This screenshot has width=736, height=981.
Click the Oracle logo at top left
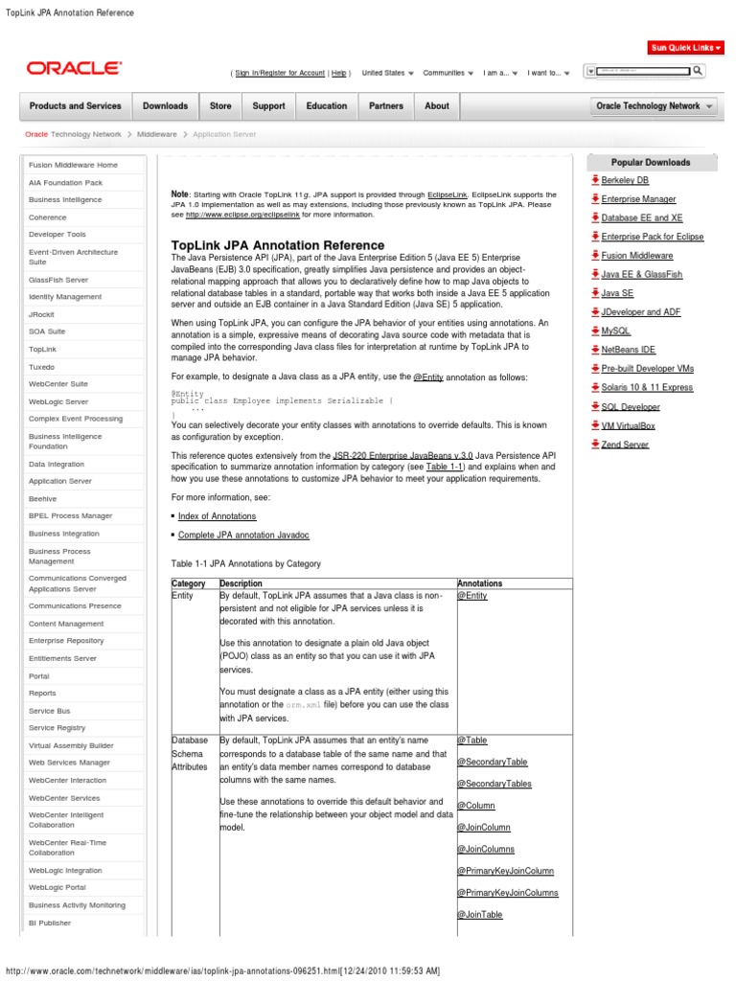[x=74, y=68]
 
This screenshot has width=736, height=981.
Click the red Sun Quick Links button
[x=684, y=47]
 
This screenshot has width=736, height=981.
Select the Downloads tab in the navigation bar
[x=166, y=106]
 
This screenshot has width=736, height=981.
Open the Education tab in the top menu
[x=327, y=106]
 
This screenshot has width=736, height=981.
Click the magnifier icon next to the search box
[x=698, y=70]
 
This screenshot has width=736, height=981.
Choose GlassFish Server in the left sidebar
[x=58, y=280]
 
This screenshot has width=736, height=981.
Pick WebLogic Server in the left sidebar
[x=58, y=401]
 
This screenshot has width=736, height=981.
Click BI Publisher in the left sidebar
[x=50, y=923]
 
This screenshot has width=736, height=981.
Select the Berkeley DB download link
[x=625, y=180]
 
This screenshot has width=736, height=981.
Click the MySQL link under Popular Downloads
[x=615, y=331]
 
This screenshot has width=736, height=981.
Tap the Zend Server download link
[x=625, y=445]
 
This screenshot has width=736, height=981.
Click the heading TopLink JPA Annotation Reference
[x=277, y=245]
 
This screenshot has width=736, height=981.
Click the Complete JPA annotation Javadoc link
[x=243, y=535]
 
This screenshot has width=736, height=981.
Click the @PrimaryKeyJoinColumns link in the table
[x=508, y=893]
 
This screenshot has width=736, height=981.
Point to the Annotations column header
[x=480, y=583]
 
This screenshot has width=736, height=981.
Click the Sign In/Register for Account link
[x=280, y=73]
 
